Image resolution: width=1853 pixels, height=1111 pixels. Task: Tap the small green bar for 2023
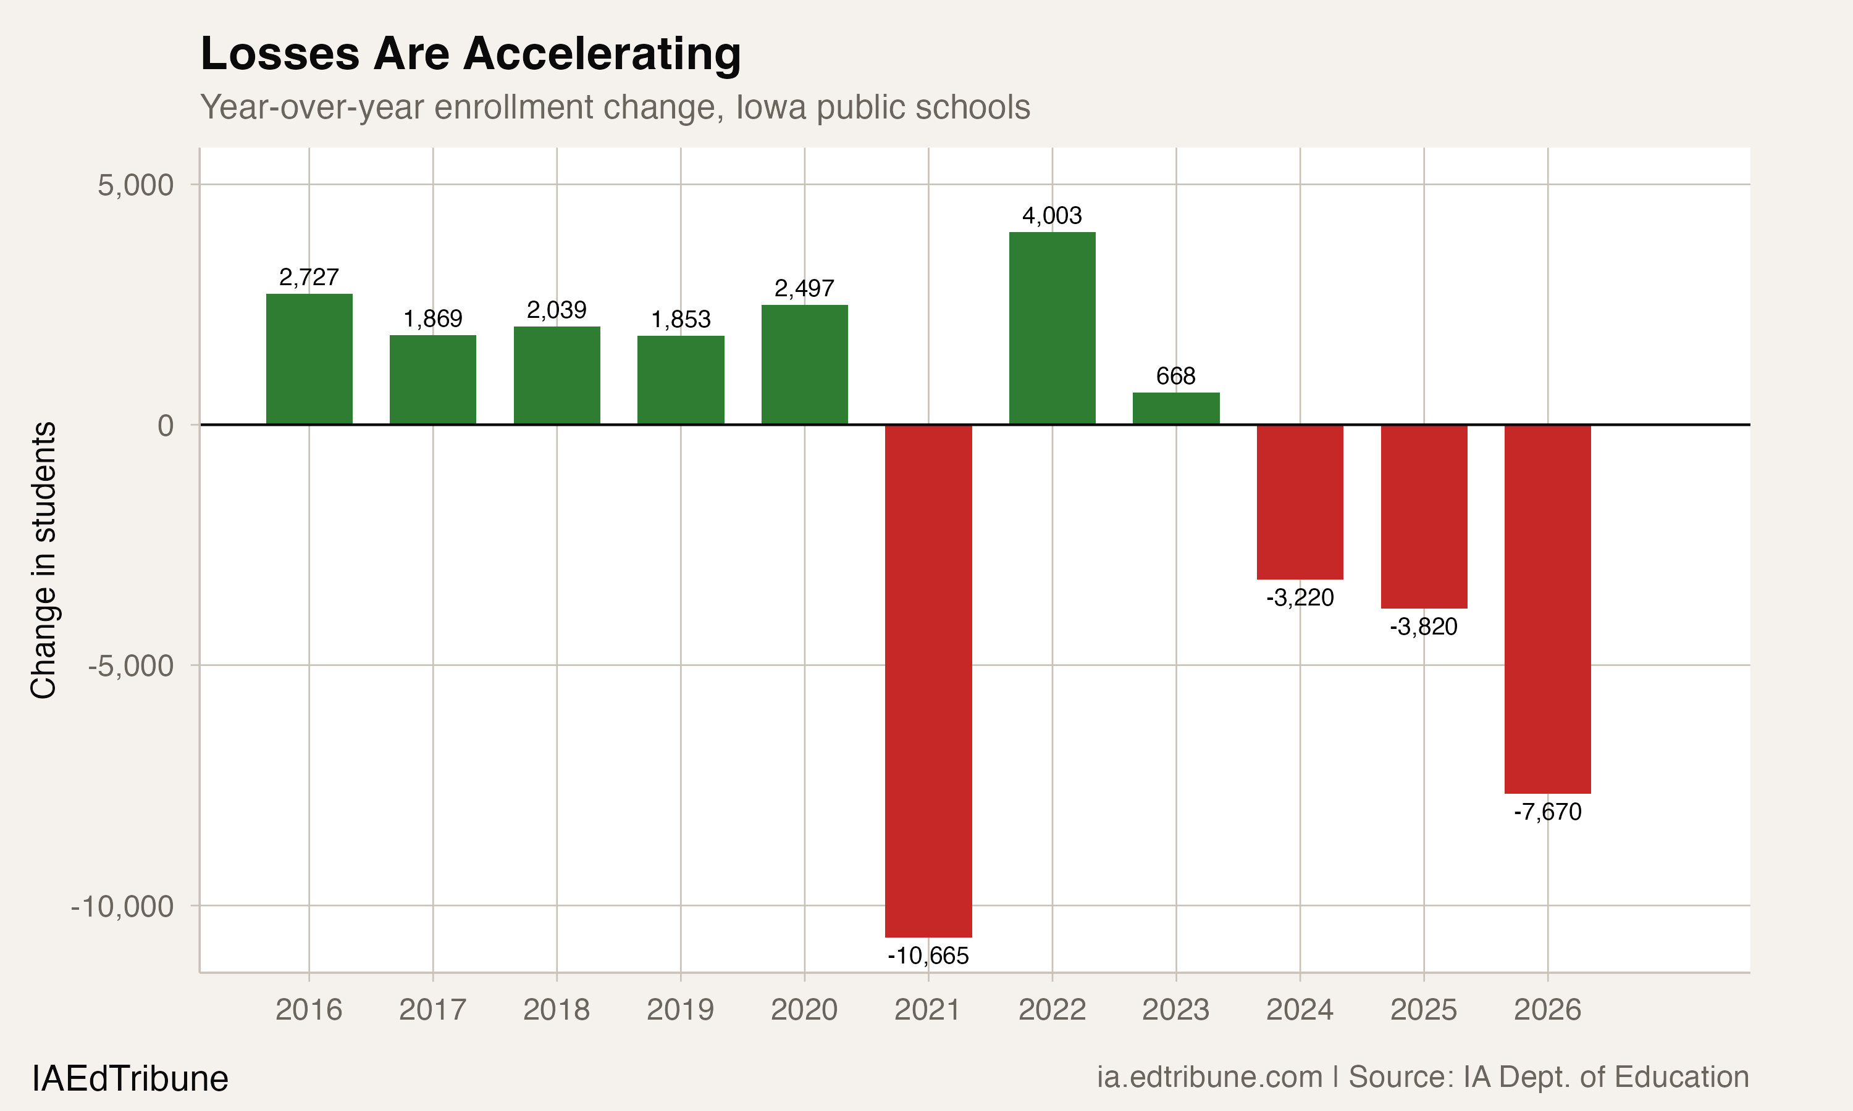pyautogui.click(x=1176, y=408)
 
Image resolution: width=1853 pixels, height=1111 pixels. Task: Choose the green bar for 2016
pyautogui.click(x=309, y=359)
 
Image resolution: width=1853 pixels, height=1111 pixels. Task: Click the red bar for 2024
pyautogui.click(x=1300, y=502)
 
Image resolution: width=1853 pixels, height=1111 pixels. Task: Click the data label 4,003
pyautogui.click(x=1052, y=215)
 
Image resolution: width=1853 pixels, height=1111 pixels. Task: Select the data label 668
pyautogui.click(x=1176, y=376)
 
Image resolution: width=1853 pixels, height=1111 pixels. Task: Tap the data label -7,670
pyautogui.click(x=1547, y=812)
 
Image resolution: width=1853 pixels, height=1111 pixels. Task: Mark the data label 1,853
pyautogui.click(x=680, y=320)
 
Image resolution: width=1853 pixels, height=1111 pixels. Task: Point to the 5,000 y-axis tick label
pyautogui.click(x=135, y=185)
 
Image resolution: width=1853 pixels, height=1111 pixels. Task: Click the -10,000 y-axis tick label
pyautogui.click(x=122, y=907)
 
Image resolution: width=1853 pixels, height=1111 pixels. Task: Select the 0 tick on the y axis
pyautogui.click(x=166, y=425)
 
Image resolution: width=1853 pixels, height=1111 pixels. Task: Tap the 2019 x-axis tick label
pyautogui.click(x=680, y=1010)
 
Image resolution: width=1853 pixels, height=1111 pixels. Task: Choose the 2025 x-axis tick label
pyautogui.click(x=1423, y=1010)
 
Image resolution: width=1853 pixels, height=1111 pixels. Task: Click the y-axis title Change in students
pyautogui.click(x=43, y=560)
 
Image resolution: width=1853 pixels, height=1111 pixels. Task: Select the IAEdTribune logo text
pyautogui.click(x=130, y=1079)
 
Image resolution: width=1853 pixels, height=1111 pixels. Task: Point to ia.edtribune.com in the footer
pyautogui.click(x=1209, y=1077)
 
